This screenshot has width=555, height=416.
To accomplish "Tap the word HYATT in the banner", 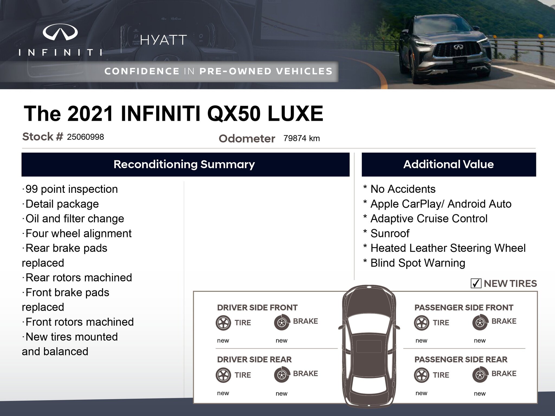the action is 163,40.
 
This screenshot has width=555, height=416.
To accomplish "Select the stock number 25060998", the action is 85,137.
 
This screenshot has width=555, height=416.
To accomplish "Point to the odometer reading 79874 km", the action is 302,138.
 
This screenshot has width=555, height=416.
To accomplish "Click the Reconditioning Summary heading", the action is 184,164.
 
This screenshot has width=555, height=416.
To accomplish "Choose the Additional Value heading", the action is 448,164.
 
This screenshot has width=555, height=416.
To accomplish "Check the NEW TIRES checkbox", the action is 476,283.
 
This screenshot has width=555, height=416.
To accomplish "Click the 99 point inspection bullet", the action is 70,189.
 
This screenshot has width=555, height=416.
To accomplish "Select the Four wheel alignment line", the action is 77,233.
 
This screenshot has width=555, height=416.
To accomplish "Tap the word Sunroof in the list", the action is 390,233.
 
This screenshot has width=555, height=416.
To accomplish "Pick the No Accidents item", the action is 403,189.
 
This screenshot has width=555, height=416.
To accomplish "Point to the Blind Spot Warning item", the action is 418,263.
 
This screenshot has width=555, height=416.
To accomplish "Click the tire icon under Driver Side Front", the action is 223,323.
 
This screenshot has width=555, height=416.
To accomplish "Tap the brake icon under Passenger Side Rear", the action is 480,375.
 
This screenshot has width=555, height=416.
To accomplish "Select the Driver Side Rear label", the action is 254,359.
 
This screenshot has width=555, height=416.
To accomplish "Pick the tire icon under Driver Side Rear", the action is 223,375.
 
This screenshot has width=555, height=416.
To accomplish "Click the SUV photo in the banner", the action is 450,49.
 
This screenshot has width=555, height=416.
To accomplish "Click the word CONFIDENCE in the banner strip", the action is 142,71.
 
